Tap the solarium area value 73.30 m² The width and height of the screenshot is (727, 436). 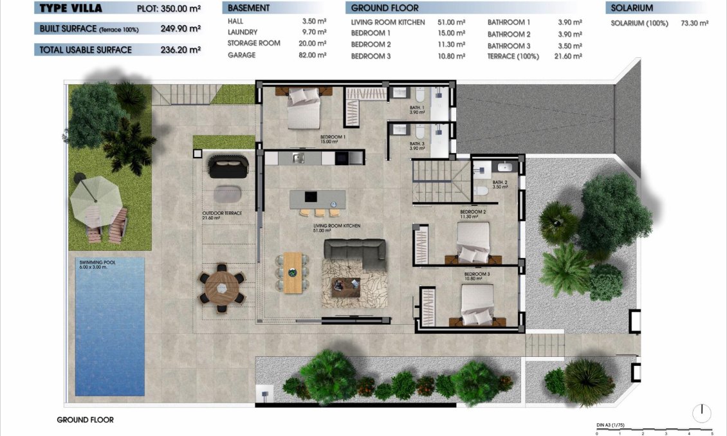coord(694,23)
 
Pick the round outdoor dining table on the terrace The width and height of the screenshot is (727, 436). coord(222,287)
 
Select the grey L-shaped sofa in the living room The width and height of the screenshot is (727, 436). coord(354,253)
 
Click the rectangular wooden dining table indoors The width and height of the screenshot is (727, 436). coord(293,272)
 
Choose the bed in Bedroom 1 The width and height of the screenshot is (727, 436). coord(302,106)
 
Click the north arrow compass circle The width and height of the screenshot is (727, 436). coord(702,412)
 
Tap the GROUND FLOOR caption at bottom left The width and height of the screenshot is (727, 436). coord(85,420)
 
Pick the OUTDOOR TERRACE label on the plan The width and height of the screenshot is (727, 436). coord(222,213)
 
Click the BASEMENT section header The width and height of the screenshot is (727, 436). coord(249,8)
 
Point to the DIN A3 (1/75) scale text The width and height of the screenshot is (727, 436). coord(616,425)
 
